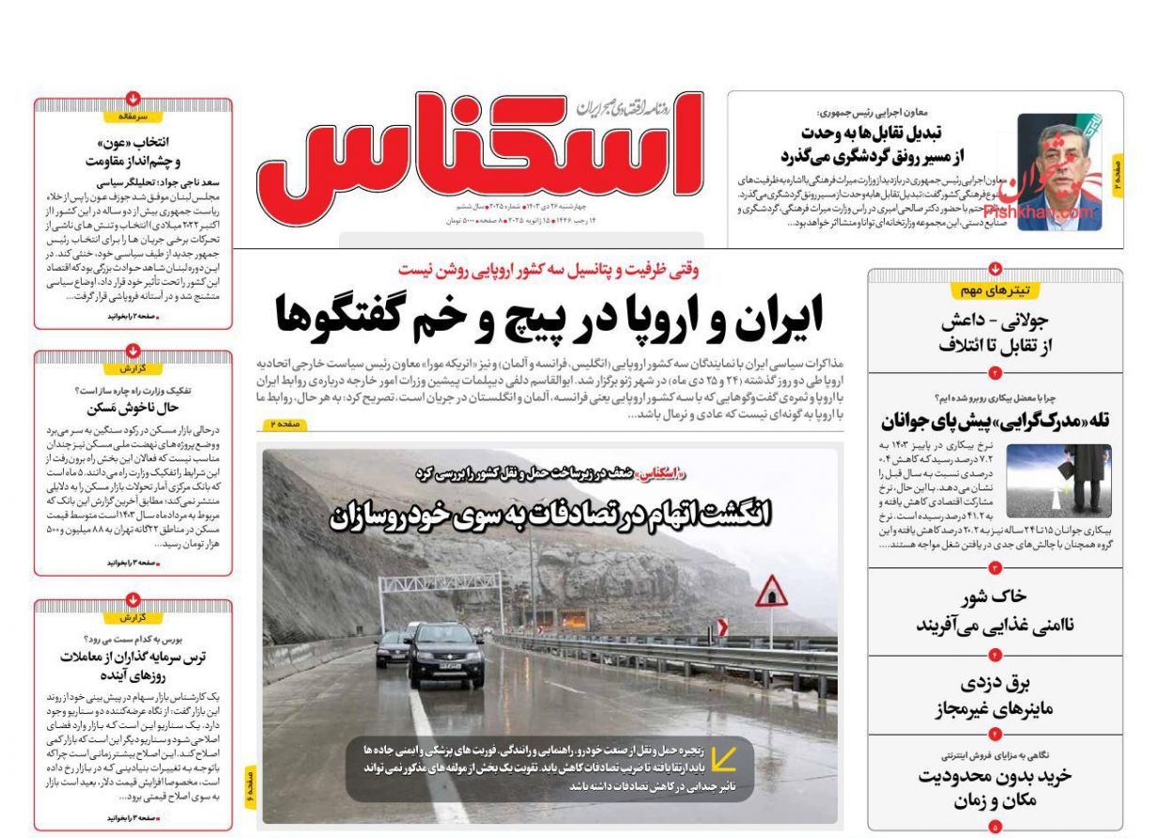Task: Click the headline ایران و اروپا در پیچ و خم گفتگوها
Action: coord(548,316)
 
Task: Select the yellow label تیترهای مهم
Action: coord(995,290)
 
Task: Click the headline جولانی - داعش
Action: coord(996,334)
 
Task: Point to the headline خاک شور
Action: coord(995,611)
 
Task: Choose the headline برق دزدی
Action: coord(995,695)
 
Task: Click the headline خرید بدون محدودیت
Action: coord(995,787)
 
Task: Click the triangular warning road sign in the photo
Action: coord(771,591)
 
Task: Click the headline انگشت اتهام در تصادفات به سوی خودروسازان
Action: coord(549,514)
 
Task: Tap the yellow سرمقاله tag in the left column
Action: coord(132,116)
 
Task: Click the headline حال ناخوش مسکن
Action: coord(132,408)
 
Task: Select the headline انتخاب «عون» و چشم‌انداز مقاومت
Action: coord(132,150)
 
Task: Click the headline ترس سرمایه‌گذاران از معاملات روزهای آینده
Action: coord(132,665)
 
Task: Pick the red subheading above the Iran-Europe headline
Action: coord(548,270)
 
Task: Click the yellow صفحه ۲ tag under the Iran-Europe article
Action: coord(284,426)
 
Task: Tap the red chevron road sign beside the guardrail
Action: coord(721,627)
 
